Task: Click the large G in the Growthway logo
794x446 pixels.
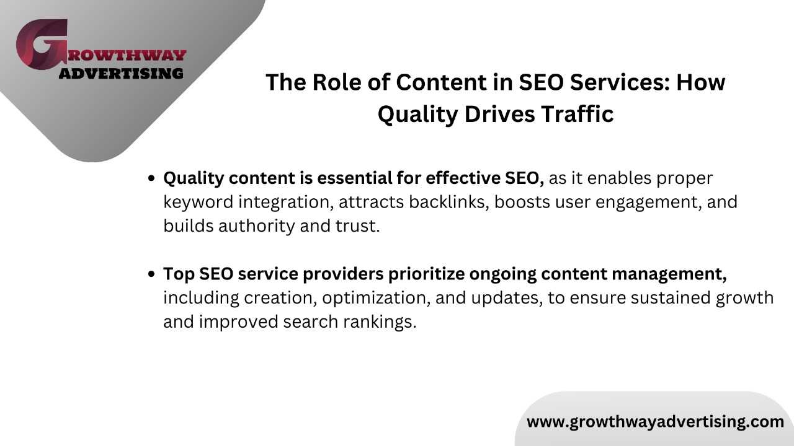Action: point(42,44)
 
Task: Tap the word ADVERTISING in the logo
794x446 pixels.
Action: point(121,74)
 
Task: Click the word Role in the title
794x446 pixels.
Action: point(337,82)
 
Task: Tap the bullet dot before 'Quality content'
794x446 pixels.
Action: point(151,178)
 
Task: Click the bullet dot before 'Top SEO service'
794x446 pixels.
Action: point(151,274)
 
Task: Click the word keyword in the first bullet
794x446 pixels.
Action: point(198,202)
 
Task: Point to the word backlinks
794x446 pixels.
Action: point(448,202)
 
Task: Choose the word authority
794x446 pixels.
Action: point(257,226)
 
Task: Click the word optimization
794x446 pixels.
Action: point(377,298)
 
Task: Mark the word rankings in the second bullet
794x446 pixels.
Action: point(380,322)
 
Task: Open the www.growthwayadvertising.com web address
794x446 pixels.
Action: point(656,422)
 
